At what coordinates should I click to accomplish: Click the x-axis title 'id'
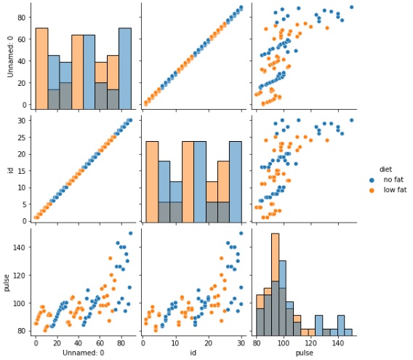(x=192, y=353)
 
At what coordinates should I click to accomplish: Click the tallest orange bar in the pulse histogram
(x=275, y=284)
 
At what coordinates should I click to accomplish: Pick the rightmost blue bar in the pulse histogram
(x=348, y=332)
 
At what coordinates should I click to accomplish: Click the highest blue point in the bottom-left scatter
(x=130, y=233)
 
